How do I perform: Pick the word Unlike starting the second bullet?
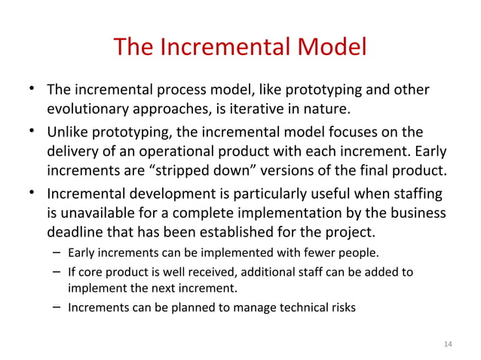point(70,132)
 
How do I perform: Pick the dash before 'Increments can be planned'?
point(57,307)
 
